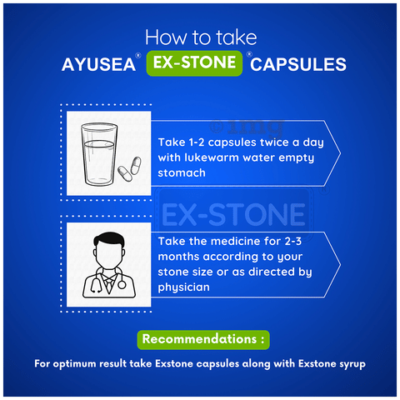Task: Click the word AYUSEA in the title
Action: (98, 64)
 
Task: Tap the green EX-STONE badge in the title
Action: (194, 63)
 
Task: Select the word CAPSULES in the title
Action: (298, 64)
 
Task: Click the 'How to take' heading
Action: (201, 37)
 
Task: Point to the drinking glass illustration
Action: (99, 154)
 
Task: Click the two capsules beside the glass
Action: (129, 169)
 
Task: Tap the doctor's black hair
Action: (109, 240)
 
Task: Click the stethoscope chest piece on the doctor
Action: (122, 284)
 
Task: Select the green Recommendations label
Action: (203, 339)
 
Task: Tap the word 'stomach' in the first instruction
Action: (182, 173)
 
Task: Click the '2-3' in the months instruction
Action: (293, 241)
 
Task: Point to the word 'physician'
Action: (183, 287)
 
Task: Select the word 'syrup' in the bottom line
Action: (352, 364)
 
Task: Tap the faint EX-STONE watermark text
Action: (233, 214)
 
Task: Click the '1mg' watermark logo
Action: (247, 127)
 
